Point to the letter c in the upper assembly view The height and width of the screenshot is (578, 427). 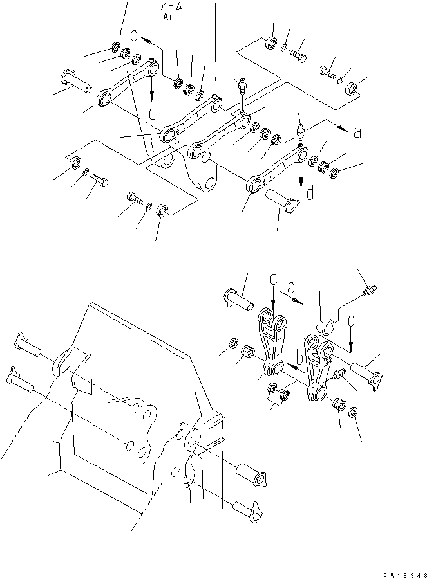pos(153,113)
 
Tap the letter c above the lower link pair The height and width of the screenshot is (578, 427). pos(274,280)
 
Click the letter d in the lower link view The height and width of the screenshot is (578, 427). pos(352,319)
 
